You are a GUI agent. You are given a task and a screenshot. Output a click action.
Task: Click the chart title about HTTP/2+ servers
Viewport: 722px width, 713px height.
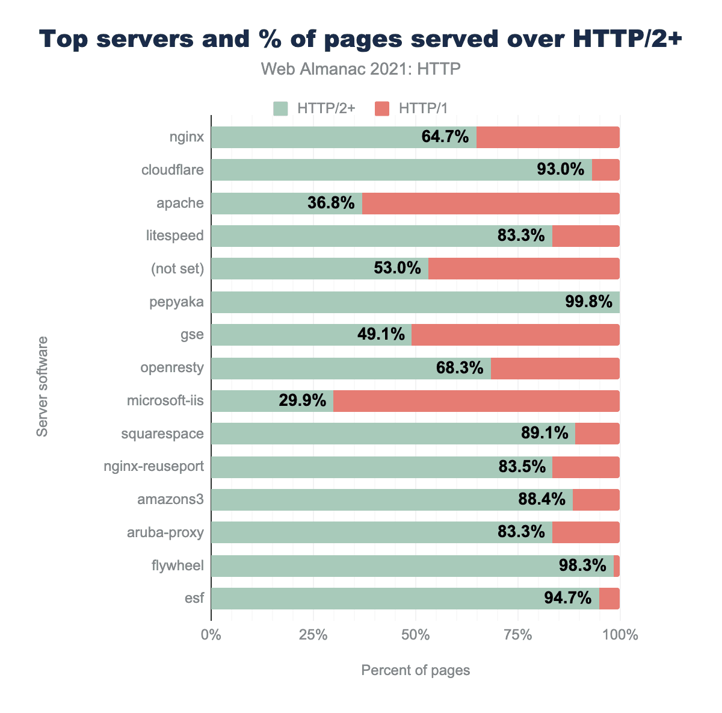pos(361,40)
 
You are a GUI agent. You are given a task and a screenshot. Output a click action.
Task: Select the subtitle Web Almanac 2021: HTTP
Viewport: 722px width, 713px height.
pos(361,69)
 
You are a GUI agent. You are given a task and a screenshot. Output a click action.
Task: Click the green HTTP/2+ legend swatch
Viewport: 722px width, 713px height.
pos(281,108)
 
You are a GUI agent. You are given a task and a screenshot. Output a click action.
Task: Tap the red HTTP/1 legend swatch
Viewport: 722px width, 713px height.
pos(382,108)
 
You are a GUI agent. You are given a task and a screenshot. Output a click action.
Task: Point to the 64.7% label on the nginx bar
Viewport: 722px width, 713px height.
pos(445,137)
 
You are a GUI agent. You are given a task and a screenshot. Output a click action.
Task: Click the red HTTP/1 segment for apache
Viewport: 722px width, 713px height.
pos(490,204)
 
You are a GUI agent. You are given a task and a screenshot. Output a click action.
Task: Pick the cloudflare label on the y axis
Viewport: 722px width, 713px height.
pos(173,170)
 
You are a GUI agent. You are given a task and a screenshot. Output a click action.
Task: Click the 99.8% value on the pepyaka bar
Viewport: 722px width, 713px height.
pos(588,302)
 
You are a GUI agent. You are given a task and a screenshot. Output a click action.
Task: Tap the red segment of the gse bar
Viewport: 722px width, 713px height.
pos(515,335)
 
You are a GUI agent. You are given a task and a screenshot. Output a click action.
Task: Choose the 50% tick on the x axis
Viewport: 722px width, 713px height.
pos(415,635)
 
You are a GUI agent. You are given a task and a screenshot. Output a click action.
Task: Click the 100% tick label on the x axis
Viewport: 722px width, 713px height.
pos(620,635)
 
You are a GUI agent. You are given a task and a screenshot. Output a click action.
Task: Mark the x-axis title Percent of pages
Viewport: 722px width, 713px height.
pos(415,670)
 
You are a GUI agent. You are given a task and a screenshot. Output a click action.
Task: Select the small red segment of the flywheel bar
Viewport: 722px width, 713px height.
pos(617,566)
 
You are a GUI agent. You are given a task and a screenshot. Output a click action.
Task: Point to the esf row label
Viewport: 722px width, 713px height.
pos(194,599)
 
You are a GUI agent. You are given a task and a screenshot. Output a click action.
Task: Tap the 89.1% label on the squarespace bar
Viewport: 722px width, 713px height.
pos(545,434)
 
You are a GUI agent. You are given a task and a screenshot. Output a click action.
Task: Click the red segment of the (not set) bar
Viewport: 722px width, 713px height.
pos(523,269)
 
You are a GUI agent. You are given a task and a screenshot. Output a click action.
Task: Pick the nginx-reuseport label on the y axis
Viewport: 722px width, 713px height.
pos(153,467)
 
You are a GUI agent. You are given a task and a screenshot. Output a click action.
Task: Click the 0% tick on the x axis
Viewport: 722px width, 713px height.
pos(211,635)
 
